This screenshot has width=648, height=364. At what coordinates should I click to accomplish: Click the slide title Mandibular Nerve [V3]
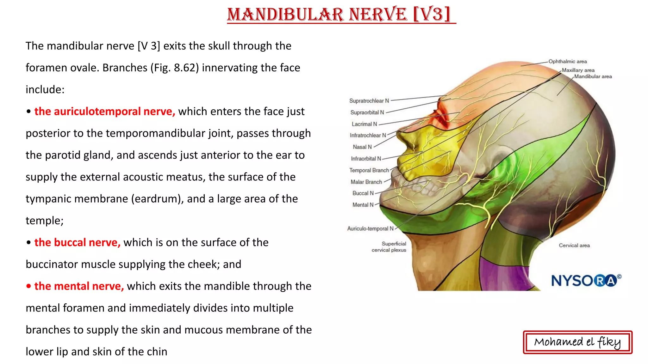tap(341, 15)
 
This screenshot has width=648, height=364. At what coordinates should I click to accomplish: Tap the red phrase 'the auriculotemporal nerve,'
tap(105, 112)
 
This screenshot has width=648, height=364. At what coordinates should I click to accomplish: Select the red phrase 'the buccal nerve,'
tap(77, 243)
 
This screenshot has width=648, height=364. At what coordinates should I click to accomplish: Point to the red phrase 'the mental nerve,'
tap(79, 286)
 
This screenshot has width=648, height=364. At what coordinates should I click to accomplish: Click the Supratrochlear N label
tap(369, 101)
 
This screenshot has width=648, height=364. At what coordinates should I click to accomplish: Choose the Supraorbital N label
tap(367, 112)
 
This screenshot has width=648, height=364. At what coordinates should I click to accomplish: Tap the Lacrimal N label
tap(364, 124)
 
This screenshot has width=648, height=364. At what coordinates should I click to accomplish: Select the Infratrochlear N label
tap(368, 136)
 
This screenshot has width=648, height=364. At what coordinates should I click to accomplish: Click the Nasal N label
tap(362, 147)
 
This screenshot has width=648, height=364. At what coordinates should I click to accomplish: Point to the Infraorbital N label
tap(366, 159)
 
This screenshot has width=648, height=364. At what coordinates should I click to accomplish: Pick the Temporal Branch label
tap(369, 170)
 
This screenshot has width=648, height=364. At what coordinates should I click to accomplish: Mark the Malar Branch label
tap(366, 182)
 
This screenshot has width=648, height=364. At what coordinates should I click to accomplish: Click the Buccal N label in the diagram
tap(363, 193)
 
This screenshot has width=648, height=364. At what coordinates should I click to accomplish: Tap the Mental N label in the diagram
tap(363, 205)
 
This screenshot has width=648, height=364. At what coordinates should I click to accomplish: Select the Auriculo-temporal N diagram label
tap(370, 229)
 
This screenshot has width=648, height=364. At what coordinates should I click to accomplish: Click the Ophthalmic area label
tap(568, 62)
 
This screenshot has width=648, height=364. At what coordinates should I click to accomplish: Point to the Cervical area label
tap(574, 246)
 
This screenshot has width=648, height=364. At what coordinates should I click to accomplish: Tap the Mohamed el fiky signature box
tap(577, 342)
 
